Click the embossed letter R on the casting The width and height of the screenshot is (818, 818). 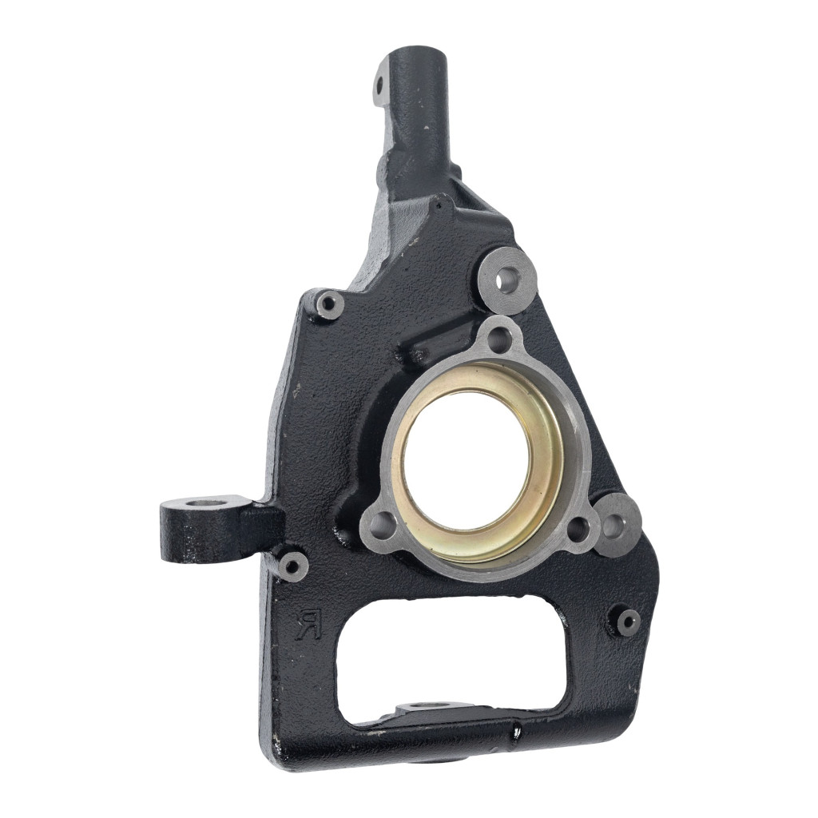tap(308, 623)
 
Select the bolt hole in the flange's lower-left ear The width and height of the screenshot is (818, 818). tap(386, 526)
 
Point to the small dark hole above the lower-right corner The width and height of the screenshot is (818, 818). tap(629, 621)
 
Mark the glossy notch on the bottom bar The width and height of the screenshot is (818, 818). tap(518, 730)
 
